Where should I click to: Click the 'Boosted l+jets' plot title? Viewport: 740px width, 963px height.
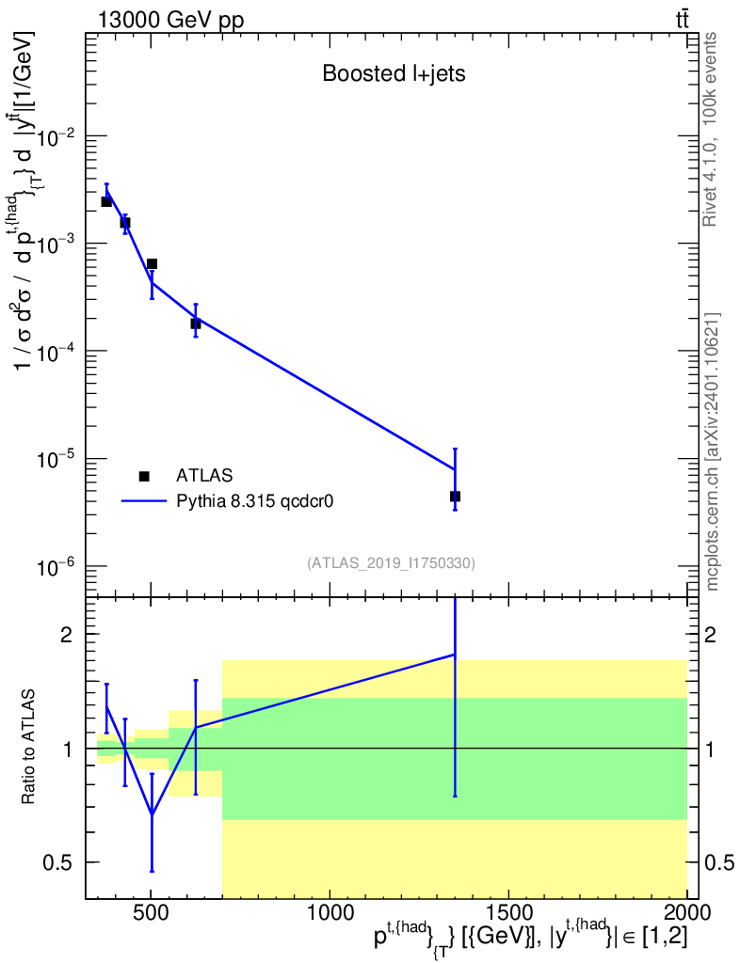(x=394, y=73)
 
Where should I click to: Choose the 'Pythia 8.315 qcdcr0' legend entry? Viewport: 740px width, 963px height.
(x=255, y=501)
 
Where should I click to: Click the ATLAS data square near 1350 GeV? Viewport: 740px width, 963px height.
(x=455, y=496)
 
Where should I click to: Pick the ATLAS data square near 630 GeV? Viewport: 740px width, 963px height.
(x=196, y=324)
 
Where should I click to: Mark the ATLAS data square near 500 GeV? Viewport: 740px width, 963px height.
(x=152, y=264)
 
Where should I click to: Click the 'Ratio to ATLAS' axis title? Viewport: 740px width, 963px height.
(x=29, y=748)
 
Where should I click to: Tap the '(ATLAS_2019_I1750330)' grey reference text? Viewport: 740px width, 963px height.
(x=391, y=563)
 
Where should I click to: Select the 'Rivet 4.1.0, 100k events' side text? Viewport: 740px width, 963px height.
(x=712, y=128)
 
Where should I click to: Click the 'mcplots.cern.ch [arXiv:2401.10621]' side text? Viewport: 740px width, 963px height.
(x=713, y=451)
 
